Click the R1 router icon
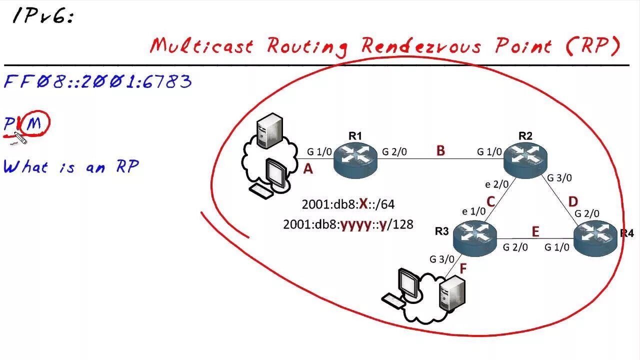pyautogui.click(x=355, y=159)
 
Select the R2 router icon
pyautogui.click(x=525, y=159)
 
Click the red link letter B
pyautogui.click(x=440, y=151)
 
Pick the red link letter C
pyautogui.click(x=490, y=201)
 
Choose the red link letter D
pyautogui.click(x=573, y=202)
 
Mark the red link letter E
pyautogui.click(x=535, y=231)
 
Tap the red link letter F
pyautogui.click(x=463, y=268)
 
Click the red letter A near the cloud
pyautogui.click(x=308, y=169)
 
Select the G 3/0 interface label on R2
pyautogui.click(x=559, y=177)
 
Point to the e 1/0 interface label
pyautogui.click(x=473, y=211)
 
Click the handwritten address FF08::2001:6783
pyautogui.click(x=98, y=81)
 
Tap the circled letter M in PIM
pyautogui.click(x=34, y=123)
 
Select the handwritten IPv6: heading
pyautogui.click(x=43, y=17)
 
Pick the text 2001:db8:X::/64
pyautogui.click(x=348, y=204)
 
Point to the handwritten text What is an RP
pyautogui.click(x=71, y=166)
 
